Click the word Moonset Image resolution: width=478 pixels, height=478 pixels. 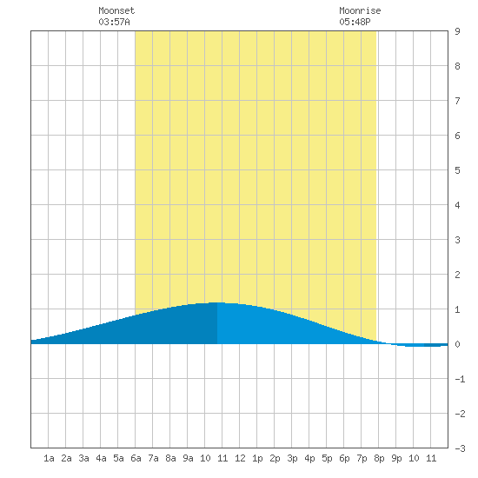[x=116, y=10]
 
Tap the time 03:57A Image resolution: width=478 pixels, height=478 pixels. [x=114, y=22]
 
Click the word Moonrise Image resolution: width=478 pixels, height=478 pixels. [x=360, y=10]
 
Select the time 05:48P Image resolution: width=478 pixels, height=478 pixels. [x=355, y=22]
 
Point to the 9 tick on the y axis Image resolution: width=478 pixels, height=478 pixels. [x=457, y=31]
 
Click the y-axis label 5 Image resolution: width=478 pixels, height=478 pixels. [x=457, y=170]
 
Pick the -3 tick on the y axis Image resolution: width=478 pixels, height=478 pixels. [x=460, y=448]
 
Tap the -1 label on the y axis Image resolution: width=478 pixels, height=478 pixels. [x=460, y=379]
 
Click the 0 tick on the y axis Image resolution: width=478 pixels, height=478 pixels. [x=457, y=344]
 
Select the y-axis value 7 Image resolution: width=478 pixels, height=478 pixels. [x=457, y=101]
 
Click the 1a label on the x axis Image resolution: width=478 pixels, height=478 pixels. [x=49, y=458]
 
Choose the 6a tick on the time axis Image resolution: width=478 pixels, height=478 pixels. [x=136, y=458]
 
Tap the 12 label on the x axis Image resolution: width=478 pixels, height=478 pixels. [x=240, y=458]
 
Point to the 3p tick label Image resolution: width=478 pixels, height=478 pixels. [x=292, y=458]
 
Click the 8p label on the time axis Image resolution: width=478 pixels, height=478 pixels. [x=379, y=458]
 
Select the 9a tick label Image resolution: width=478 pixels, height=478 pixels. [x=188, y=458]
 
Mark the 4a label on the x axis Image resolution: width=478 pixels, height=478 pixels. [x=101, y=458]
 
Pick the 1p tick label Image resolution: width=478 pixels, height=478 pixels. [x=257, y=458]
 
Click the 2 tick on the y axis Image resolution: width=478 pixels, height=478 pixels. [x=457, y=275]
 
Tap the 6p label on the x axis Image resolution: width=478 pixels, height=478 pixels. [x=344, y=458]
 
